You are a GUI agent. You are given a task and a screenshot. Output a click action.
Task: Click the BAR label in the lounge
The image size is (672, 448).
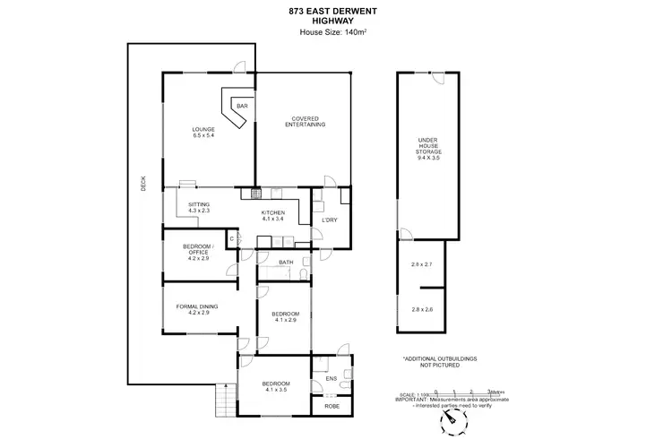coord(241,107)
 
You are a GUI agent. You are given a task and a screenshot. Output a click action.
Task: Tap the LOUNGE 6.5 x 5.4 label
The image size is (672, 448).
coord(203,133)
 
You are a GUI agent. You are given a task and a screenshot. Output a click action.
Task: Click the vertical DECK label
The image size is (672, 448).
coord(143,184)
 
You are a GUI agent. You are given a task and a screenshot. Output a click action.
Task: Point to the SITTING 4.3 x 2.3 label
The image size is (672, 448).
coord(198,207)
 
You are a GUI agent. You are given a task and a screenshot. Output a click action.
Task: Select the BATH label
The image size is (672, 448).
coord(286,263)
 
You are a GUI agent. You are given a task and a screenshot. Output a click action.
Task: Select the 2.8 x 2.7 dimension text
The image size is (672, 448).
coord(421,265)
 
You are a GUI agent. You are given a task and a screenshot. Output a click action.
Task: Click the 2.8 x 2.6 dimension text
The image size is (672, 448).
coord(421,308)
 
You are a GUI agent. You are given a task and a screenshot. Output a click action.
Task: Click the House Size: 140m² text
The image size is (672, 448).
coord(335,33)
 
